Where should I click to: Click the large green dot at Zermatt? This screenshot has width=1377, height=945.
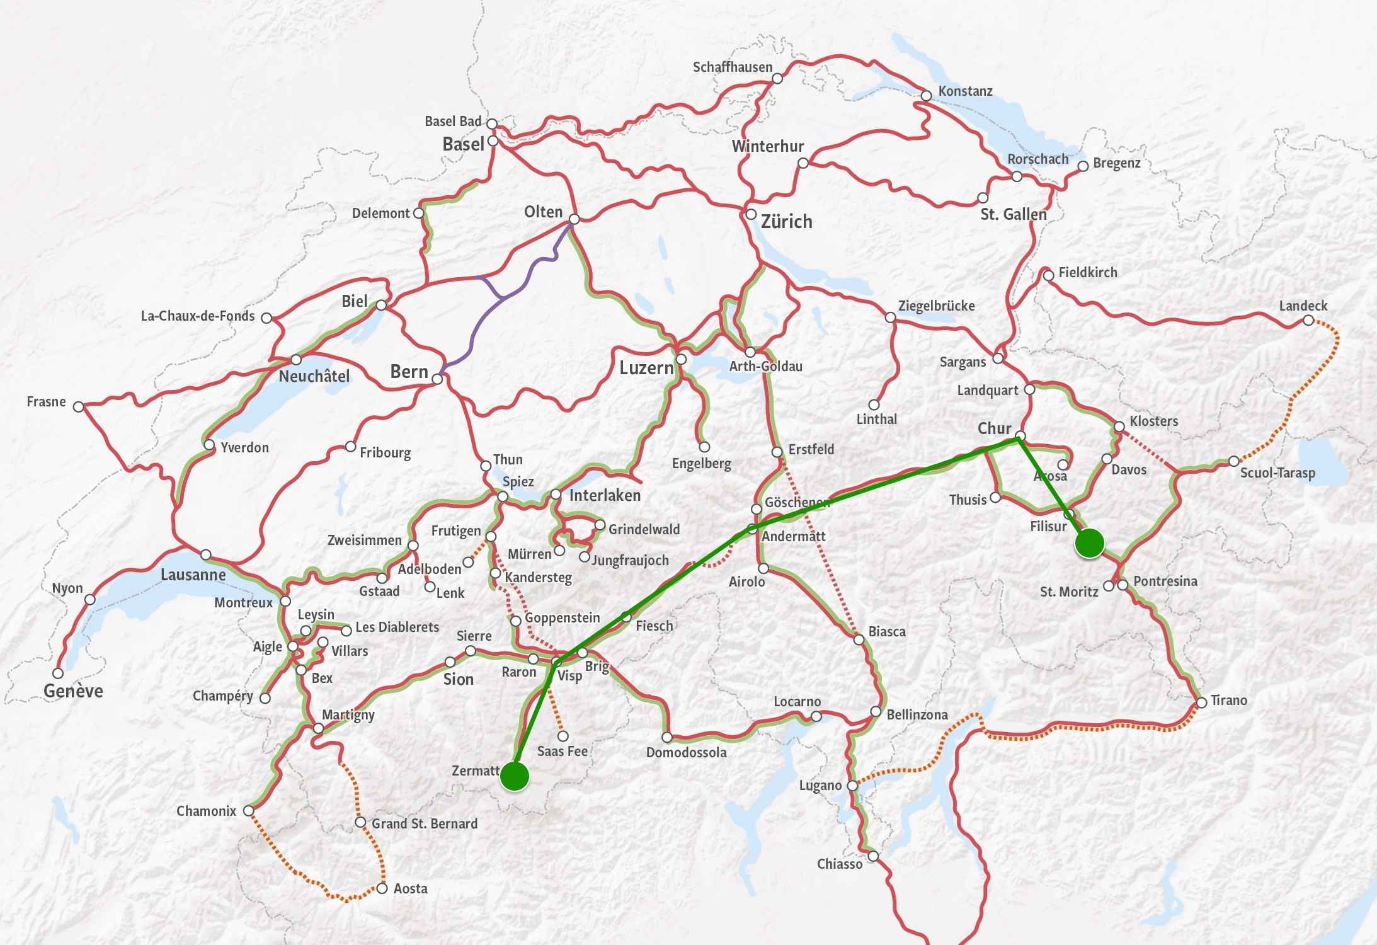point(515,776)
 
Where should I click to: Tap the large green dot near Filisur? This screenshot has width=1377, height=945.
point(1089,543)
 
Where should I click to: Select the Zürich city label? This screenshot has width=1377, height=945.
point(786,222)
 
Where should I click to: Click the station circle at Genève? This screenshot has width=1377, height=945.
point(58,673)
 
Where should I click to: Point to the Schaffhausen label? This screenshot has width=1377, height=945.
point(732,67)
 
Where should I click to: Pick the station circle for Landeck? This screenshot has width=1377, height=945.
point(1308,321)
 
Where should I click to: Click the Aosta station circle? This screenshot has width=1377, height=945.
point(382,888)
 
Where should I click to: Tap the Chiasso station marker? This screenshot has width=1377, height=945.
point(873,856)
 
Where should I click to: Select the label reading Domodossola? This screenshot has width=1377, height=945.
point(686,752)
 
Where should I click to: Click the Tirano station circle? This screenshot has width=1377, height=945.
point(1201,702)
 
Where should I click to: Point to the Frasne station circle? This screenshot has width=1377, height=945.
point(78,407)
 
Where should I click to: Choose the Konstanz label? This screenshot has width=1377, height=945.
point(965,91)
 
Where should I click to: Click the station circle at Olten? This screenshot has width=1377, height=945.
point(574,219)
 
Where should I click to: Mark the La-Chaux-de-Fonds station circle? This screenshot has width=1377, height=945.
point(266,318)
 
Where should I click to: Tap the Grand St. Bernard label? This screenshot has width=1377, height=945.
point(424,823)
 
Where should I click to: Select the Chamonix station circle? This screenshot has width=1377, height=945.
point(249,811)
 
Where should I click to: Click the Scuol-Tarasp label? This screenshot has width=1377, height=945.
point(1277,473)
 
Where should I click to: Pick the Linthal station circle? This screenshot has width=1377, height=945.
point(874,405)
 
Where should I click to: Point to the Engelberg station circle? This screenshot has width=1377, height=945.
point(704,447)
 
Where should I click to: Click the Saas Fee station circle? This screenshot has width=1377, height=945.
point(563,736)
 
